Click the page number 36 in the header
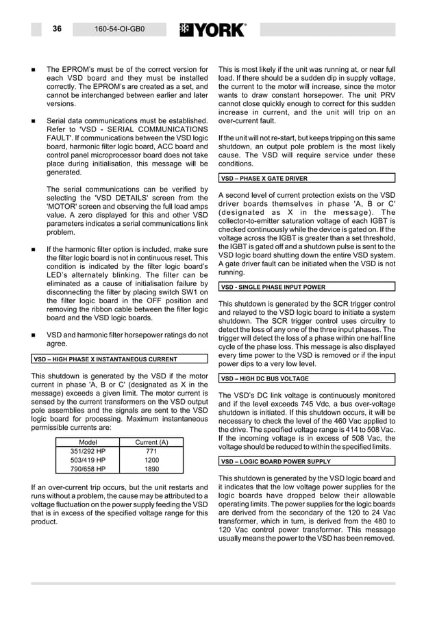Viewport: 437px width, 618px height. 57,29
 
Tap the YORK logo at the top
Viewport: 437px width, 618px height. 212,30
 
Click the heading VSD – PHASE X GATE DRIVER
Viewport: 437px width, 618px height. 264,179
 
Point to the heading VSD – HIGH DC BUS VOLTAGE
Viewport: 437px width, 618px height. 264,378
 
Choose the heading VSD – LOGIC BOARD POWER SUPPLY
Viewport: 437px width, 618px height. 275,461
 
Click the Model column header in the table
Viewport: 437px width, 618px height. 88,442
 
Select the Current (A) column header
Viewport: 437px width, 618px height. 151,442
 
